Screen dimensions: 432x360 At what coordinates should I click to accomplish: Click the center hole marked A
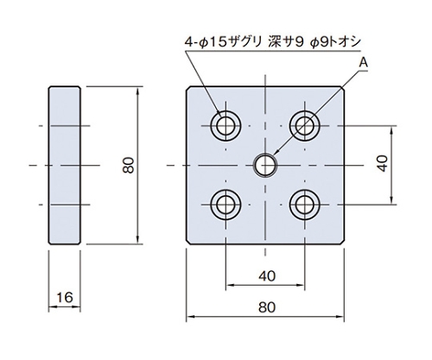[265, 165]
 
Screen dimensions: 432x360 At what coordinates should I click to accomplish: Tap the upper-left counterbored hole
[226, 126]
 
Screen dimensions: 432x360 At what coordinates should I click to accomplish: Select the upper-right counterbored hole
[305, 126]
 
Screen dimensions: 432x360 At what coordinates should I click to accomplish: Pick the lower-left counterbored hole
[226, 205]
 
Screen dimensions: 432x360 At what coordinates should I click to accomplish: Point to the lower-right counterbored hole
[305, 205]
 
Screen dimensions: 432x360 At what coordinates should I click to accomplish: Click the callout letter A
[364, 62]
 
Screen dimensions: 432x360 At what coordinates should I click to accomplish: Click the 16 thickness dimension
[65, 297]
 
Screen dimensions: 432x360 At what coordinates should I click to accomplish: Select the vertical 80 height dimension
[129, 165]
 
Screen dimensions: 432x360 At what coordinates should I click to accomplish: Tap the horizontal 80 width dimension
[267, 307]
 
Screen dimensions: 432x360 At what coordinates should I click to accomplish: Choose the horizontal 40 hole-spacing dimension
[267, 276]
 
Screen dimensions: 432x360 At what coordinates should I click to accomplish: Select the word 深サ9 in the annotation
[286, 42]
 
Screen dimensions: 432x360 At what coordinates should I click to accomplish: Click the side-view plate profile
[65, 165]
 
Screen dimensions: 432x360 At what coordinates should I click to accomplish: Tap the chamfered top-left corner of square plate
[188, 88]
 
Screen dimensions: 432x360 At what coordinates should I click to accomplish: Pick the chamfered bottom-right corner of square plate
[342, 243]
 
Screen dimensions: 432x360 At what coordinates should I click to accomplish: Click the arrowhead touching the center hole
[276, 153]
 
